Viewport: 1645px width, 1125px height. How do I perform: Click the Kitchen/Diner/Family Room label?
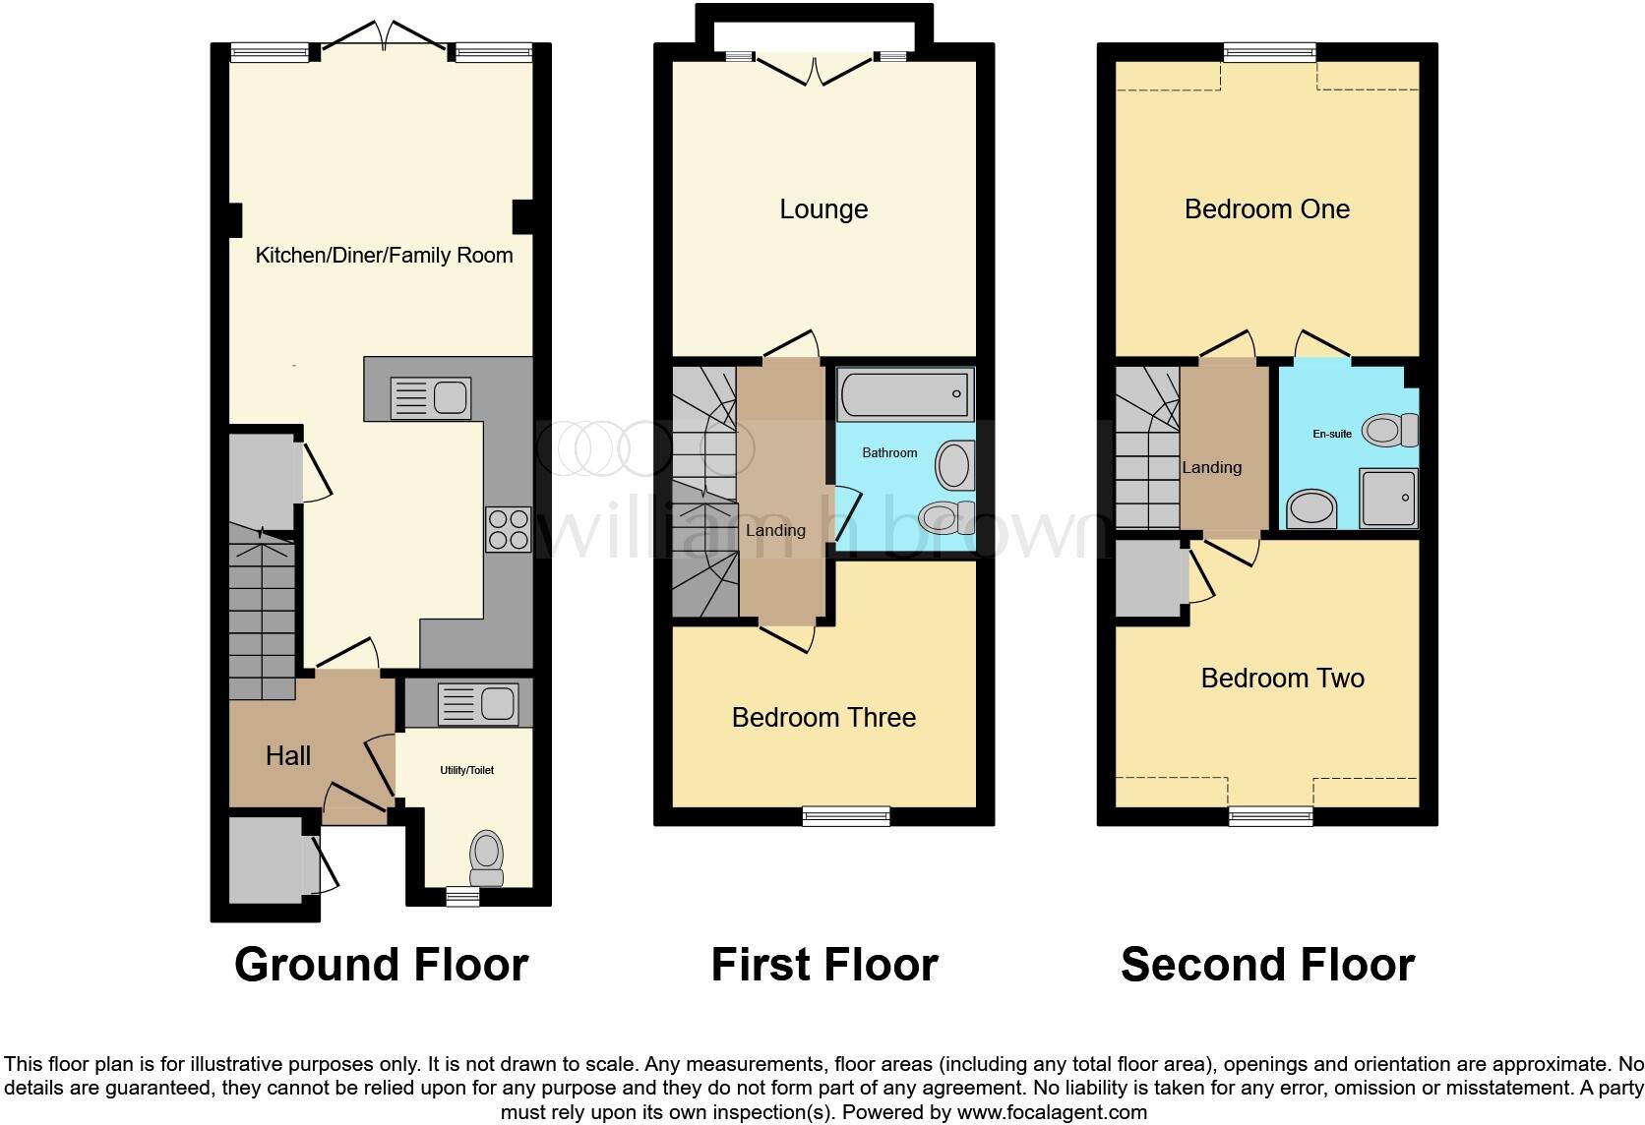coord(384,256)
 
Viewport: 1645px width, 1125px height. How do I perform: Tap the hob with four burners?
coord(508,528)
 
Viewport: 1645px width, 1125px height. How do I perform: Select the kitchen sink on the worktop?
coord(431,397)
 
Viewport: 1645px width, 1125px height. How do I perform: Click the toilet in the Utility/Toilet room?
coord(486,857)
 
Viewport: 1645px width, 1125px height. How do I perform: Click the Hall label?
coord(288,755)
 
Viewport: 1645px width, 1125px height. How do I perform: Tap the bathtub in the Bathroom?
coord(905,394)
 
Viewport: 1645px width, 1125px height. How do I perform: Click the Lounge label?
coord(823,209)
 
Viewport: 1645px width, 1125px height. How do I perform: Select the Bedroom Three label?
coord(823,718)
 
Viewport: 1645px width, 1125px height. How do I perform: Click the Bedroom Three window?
coord(846,814)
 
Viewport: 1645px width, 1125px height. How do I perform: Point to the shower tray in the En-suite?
coord(1388,498)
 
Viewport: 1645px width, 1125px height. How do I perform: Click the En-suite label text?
coord(1332,434)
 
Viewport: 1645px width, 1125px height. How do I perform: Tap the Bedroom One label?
coord(1266,209)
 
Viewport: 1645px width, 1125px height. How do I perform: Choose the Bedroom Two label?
coord(1282,679)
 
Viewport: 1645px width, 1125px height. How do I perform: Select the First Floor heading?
coord(823,965)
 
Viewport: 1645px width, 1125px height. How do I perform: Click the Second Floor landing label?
coord(1211,468)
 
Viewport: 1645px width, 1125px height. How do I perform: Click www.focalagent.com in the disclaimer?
coord(1051,1112)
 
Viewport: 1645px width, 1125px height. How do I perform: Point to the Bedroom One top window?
coord(1269,52)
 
